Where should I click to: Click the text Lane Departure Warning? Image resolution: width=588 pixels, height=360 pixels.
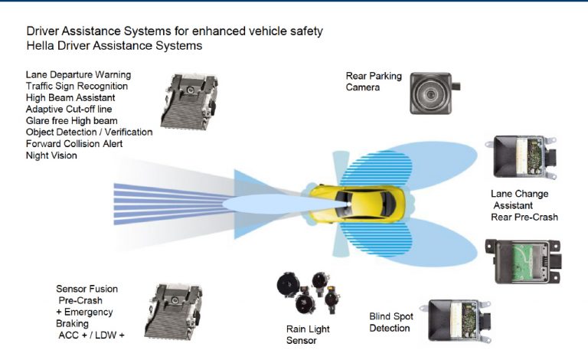click(78, 75)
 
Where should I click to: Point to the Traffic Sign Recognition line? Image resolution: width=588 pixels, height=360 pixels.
click(77, 87)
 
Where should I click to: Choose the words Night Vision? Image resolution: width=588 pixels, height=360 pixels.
click(51, 155)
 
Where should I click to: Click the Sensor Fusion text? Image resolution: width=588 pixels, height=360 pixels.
click(87, 290)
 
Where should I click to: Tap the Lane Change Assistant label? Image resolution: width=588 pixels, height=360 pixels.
click(521, 200)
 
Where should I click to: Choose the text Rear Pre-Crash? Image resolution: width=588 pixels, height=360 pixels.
click(524, 218)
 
